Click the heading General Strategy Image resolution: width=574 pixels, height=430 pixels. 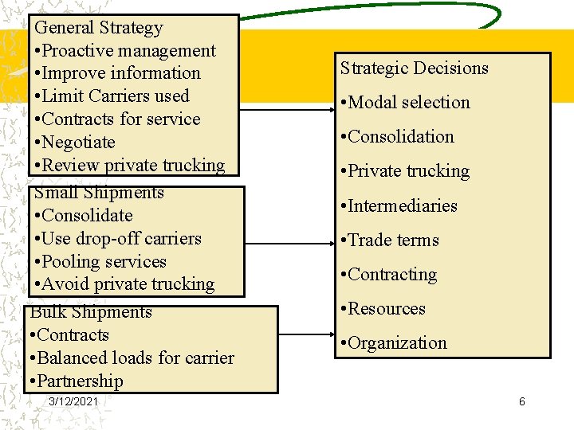point(99,28)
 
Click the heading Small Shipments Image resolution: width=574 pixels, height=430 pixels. point(99,193)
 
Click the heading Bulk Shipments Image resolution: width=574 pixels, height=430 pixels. point(91,312)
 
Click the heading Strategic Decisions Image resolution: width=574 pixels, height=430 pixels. point(415,68)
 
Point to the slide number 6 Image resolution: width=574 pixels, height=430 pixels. point(522,402)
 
